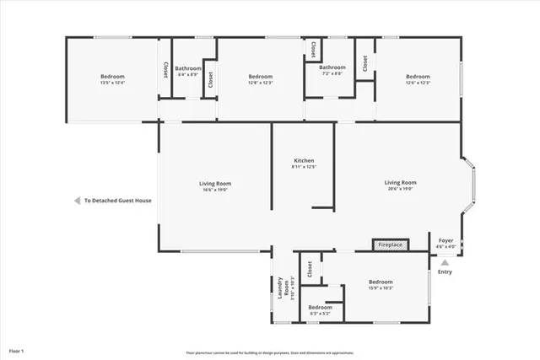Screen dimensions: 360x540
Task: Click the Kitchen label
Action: [304, 160]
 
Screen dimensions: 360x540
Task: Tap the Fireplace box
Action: [390, 244]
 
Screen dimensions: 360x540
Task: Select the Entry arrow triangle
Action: [445, 262]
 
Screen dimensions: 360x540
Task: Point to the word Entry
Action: [445, 271]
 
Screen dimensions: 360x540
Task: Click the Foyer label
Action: [445, 241]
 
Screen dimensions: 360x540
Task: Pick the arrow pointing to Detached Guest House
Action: [75, 201]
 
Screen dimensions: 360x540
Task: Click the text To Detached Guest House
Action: [117, 201]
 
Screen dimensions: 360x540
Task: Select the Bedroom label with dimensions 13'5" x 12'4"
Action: [113, 77]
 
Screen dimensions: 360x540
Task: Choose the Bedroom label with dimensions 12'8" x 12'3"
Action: [260, 77]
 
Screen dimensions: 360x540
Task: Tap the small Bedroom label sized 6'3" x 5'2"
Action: [321, 308]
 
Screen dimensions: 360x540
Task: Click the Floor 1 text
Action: [17, 349]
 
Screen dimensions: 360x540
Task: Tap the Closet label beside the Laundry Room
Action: [310, 268]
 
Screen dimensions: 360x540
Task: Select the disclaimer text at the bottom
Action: [270, 352]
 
